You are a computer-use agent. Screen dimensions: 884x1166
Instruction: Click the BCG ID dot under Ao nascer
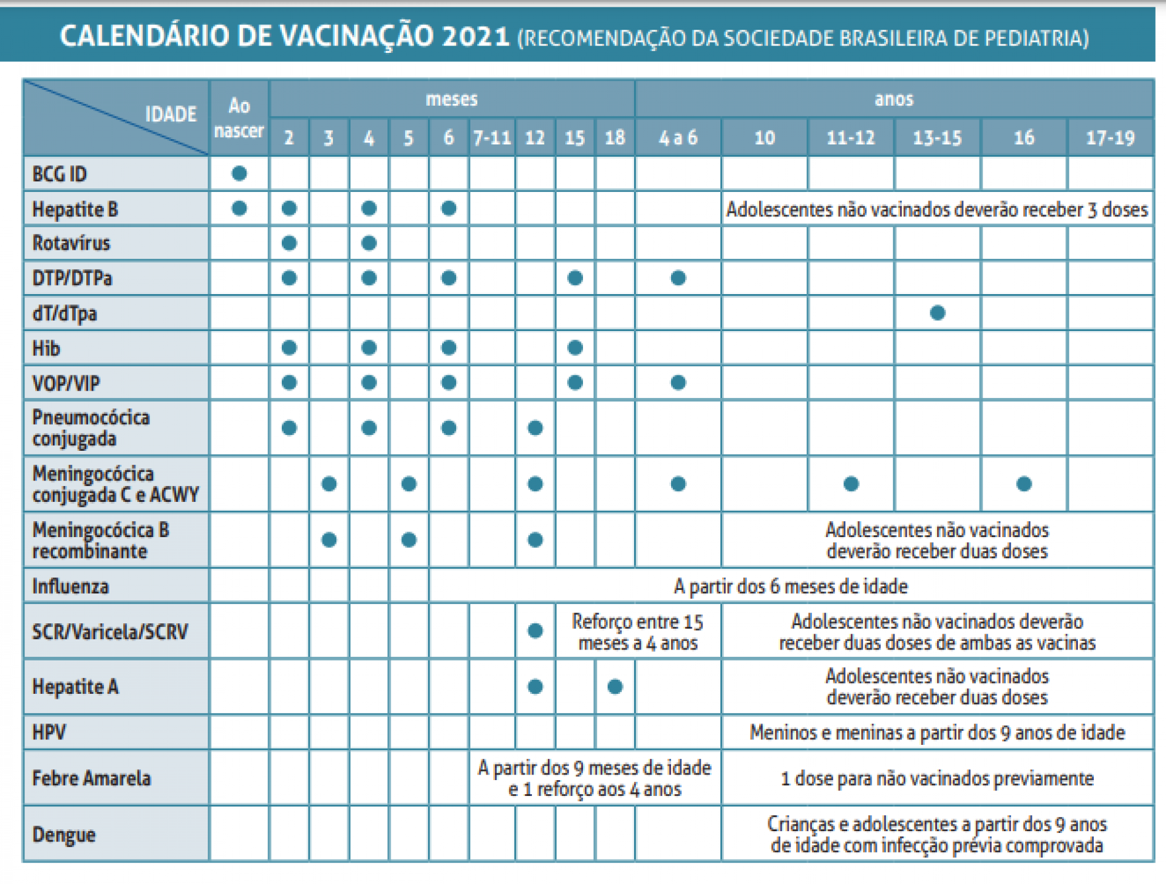(239, 174)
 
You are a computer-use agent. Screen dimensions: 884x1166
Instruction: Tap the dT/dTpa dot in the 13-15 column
(938, 313)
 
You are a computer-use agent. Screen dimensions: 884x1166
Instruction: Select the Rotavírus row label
(71, 243)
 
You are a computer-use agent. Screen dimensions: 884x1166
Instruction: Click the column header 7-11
(492, 138)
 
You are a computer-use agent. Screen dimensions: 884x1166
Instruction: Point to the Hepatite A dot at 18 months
(615, 687)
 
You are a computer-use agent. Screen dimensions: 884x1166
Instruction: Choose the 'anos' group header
(894, 99)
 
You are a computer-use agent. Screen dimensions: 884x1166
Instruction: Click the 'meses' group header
(452, 99)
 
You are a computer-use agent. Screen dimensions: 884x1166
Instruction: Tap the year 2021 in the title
(476, 36)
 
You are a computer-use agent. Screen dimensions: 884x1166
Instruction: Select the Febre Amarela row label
(91, 778)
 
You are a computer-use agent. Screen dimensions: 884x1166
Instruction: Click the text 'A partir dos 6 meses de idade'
(791, 586)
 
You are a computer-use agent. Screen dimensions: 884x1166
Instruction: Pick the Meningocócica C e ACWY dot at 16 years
(1024, 484)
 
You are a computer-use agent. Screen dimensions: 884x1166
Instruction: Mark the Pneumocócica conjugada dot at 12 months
(535, 428)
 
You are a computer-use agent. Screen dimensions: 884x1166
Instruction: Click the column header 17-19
(1110, 138)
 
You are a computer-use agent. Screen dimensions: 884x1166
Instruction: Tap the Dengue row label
(64, 835)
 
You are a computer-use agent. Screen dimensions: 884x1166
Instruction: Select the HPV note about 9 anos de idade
(937, 733)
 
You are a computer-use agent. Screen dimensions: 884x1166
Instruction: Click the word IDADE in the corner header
(171, 114)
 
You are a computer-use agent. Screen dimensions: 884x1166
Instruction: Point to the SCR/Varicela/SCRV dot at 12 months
(535, 631)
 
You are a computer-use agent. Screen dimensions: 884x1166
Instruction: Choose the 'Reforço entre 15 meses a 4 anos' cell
(638, 632)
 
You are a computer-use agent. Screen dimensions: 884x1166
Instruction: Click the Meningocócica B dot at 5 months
(409, 540)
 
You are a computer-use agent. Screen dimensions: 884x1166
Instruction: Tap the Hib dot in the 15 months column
(574, 348)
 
